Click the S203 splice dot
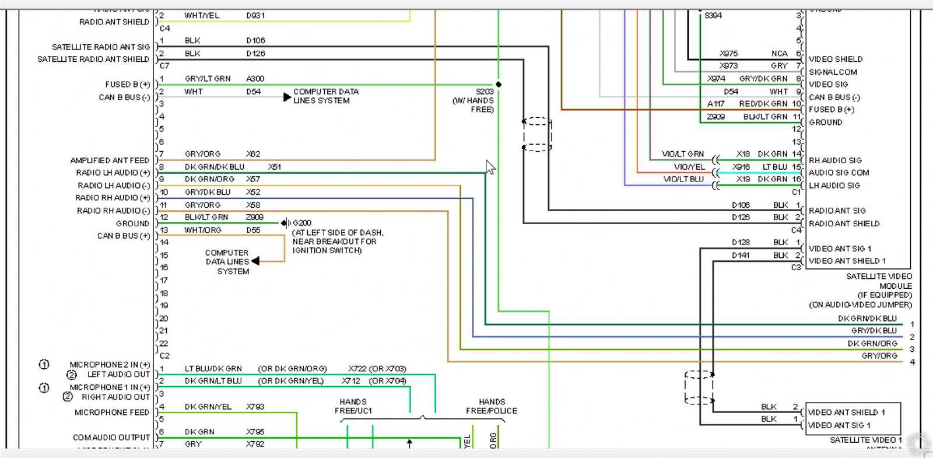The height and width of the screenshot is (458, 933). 499,85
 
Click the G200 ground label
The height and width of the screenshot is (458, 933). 302,223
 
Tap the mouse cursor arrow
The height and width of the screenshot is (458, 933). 490,167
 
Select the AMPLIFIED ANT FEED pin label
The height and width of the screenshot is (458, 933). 110,160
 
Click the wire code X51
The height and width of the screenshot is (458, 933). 274,167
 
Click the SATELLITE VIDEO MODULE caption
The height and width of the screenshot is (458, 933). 879,281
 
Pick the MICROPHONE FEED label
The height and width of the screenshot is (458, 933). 112,412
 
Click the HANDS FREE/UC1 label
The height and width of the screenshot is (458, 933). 353,406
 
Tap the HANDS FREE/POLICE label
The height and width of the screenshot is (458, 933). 491,406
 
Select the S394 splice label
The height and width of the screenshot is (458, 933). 713,16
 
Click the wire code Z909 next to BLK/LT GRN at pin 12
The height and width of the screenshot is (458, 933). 254,217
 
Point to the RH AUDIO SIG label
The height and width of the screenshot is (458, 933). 834,160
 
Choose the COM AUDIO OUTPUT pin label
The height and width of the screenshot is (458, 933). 111,437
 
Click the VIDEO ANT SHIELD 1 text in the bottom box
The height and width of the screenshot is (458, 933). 846,412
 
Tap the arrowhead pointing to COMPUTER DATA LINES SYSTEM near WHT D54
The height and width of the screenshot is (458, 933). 287,97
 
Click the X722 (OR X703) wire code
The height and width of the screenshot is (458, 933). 377,369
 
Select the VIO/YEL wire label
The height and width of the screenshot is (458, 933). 689,167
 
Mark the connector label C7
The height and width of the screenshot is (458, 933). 164,66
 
